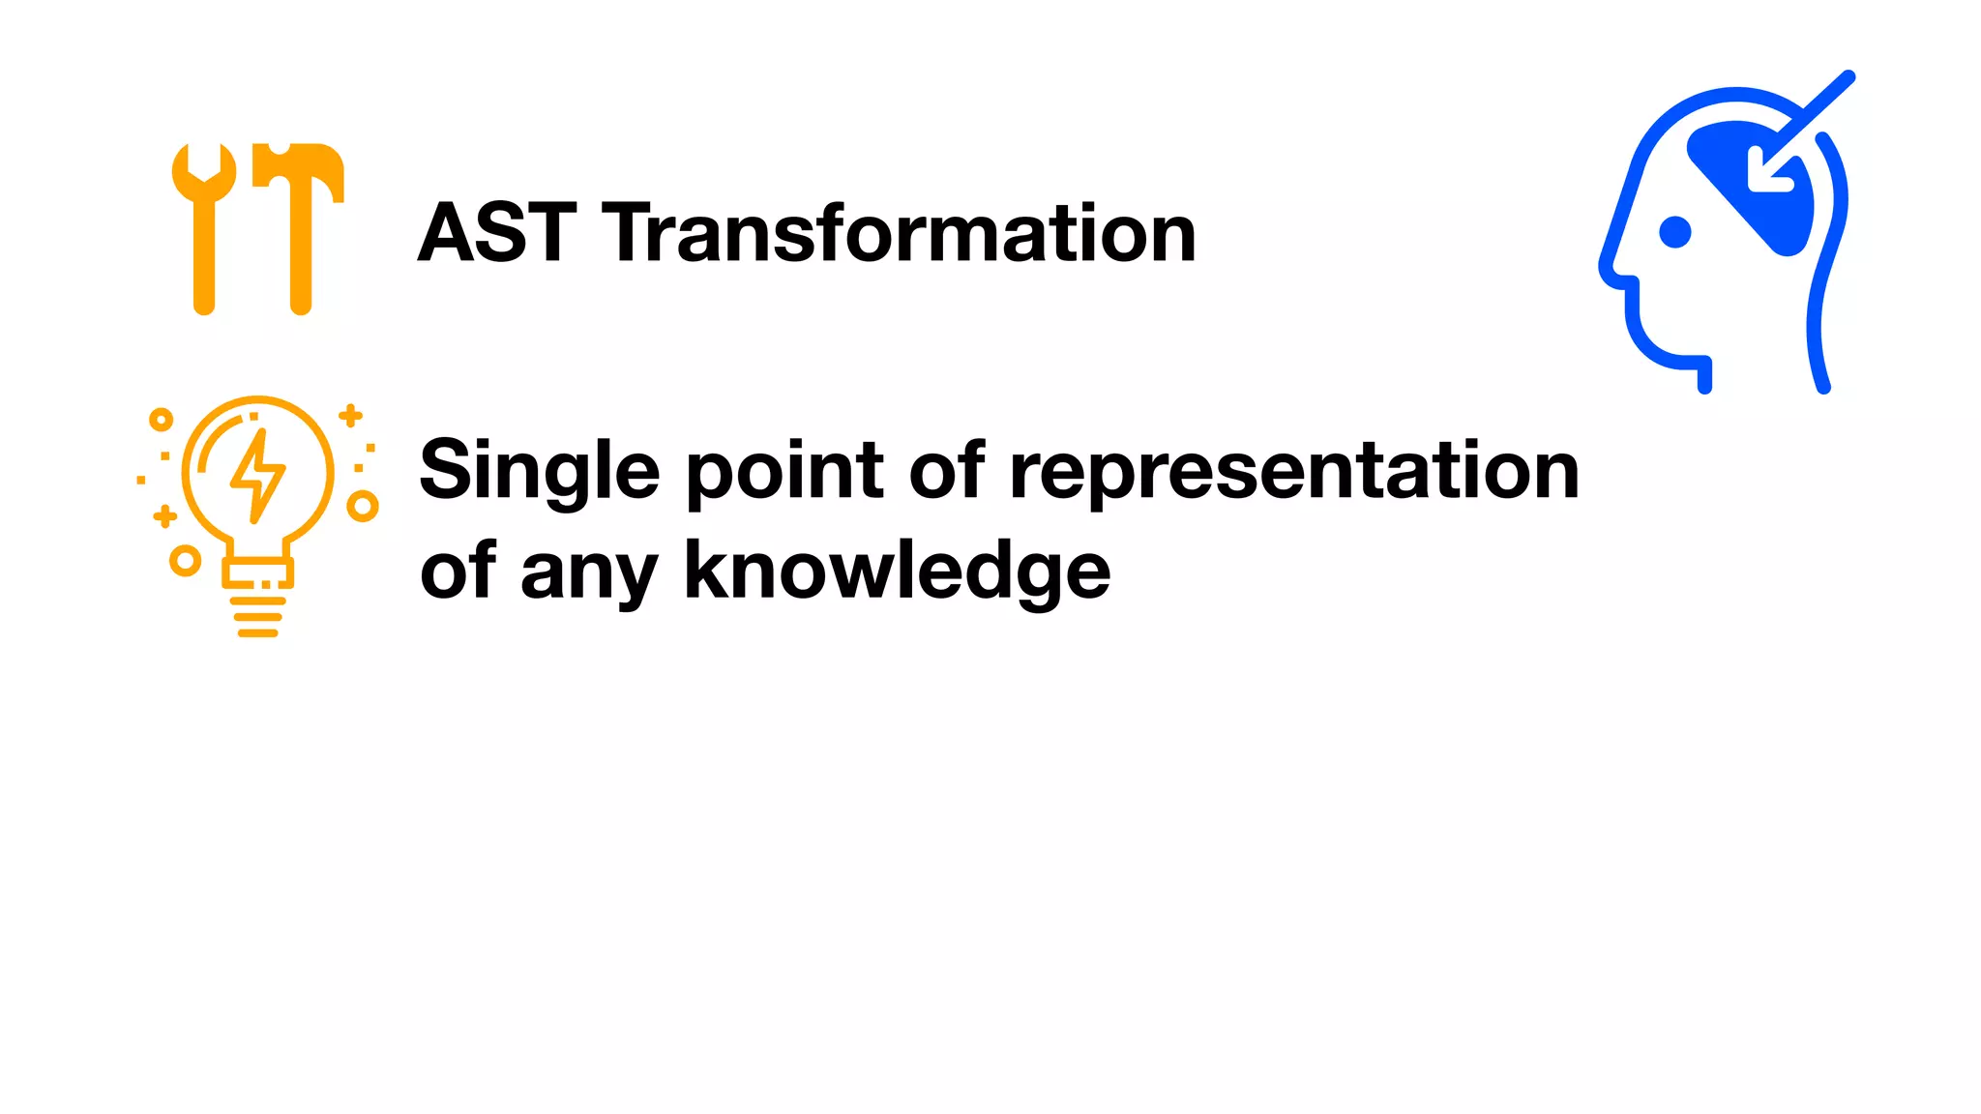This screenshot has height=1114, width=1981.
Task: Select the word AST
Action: (497, 233)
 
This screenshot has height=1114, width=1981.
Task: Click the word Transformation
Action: (900, 233)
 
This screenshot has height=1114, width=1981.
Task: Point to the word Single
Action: (540, 472)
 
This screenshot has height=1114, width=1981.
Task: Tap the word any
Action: (589, 572)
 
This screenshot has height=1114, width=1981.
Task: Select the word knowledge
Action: (898, 572)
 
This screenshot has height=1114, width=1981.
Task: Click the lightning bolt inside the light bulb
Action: (257, 474)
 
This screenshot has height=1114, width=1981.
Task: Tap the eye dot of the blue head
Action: (1674, 232)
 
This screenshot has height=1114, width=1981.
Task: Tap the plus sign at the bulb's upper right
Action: (350, 416)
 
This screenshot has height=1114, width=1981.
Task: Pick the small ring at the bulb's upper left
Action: (161, 420)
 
